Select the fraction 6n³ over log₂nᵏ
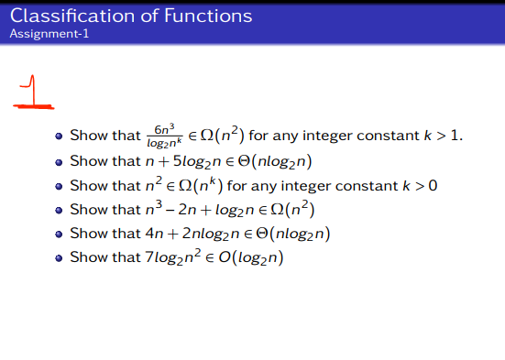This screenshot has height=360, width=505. click(x=166, y=136)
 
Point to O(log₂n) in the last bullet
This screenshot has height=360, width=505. click(x=247, y=258)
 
